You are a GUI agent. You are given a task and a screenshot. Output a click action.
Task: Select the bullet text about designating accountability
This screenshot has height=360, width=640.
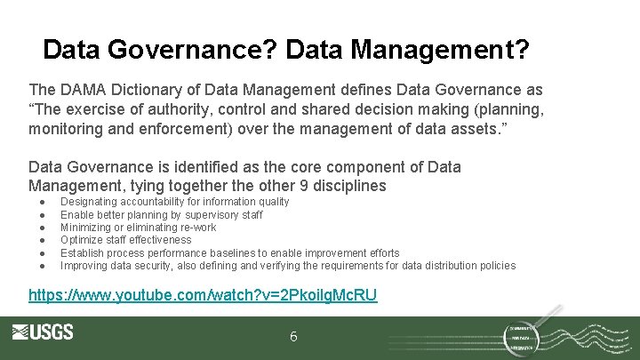click(x=174, y=202)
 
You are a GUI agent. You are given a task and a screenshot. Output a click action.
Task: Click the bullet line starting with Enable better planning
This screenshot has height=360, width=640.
click(x=161, y=214)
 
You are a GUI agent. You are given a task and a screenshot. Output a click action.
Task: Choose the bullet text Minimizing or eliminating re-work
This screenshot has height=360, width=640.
click(x=138, y=227)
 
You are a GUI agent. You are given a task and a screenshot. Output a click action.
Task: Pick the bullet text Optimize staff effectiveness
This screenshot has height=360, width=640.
click(x=125, y=239)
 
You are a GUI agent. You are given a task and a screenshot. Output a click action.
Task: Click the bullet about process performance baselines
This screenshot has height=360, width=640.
click(x=229, y=252)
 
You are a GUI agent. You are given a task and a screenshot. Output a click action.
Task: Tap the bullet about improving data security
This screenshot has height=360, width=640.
click(x=287, y=265)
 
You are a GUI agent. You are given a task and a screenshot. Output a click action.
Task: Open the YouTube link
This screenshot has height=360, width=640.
click(x=203, y=294)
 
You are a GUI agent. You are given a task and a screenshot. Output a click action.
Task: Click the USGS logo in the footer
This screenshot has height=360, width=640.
click(x=43, y=333)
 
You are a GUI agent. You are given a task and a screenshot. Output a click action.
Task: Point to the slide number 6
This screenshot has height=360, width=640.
click(x=294, y=338)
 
